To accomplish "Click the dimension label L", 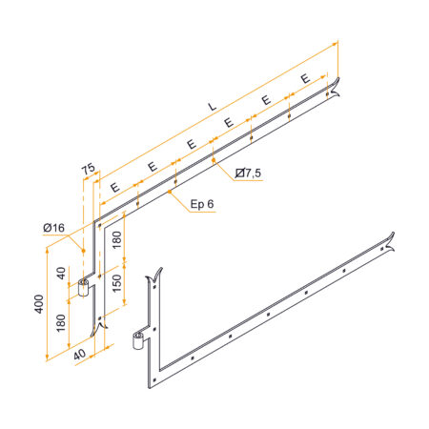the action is (212, 107).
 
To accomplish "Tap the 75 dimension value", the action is (89, 169).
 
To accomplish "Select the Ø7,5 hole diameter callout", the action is (248, 174).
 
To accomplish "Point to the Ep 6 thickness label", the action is (202, 204).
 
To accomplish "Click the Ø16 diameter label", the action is (53, 228).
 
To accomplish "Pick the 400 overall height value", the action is (39, 304).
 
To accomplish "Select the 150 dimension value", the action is (117, 283).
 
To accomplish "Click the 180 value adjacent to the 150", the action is (117, 240).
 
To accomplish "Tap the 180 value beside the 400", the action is (61, 323).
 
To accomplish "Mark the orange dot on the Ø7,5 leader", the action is (214, 160).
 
